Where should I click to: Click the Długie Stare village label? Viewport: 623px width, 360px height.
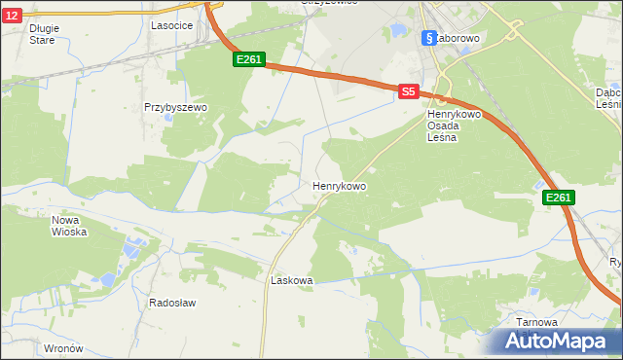(44, 34)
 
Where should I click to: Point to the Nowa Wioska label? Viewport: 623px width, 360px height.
(69, 226)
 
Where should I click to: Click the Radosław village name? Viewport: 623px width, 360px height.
(172, 303)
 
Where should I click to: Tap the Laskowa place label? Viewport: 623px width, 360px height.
(291, 280)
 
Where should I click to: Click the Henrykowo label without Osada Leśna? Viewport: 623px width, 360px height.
(339, 185)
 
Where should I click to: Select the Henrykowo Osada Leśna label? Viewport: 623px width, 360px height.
(449, 126)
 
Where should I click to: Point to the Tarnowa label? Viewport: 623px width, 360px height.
(537, 322)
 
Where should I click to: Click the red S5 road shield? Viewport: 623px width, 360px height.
(409, 91)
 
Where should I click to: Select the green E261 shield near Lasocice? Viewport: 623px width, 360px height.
(249, 59)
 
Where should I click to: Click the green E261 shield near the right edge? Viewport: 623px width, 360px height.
(558, 198)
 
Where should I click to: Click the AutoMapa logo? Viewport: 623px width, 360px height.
(559, 341)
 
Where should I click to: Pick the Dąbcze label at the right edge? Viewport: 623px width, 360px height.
(609, 98)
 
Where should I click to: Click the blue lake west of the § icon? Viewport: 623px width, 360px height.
(397, 31)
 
